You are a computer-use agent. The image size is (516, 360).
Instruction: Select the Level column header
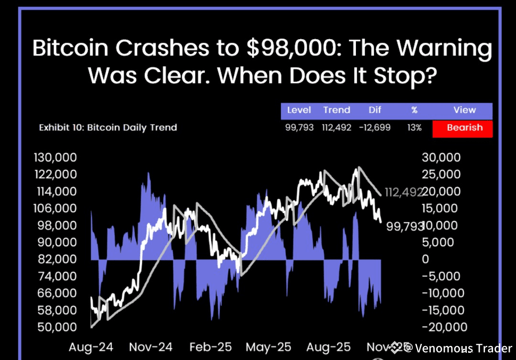click(x=299, y=110)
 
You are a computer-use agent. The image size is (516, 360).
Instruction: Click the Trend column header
click(x=336, y=110)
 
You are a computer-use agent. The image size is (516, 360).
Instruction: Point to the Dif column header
click(x=375, y=110)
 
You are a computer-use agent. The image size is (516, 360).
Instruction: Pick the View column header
click(x=464, y=110)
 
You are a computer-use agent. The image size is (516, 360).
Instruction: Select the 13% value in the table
click(x=414, y=128)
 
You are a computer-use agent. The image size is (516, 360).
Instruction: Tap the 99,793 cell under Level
click(x=299, y=128)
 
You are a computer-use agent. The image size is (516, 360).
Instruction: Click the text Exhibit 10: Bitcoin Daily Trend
click(x=108, y=128)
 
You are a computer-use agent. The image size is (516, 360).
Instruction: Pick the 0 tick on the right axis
click(x=425, y=259)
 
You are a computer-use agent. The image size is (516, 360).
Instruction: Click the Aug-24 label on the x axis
click(x=90, y=347)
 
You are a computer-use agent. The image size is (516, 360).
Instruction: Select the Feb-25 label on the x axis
click(x=210, y=347)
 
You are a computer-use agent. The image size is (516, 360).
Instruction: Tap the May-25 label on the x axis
click(x=268, y=347)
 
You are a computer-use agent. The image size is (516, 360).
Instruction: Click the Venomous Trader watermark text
click(x=463, y=349)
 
